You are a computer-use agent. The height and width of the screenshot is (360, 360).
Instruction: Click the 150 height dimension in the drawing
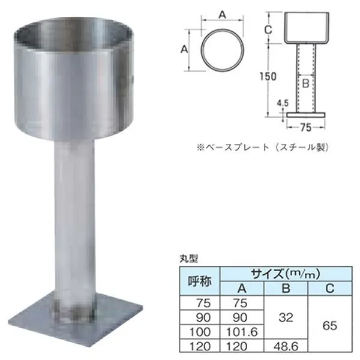pos(268,76)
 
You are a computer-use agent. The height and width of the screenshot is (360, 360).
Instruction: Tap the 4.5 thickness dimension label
pos(283,103)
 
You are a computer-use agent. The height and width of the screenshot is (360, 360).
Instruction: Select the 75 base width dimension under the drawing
pos(305,127)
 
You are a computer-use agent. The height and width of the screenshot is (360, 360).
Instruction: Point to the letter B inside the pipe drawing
pos(305,84)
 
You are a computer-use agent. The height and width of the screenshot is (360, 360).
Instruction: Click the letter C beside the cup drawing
pos(268,29)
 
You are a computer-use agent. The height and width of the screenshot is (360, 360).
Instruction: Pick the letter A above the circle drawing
pos(222,15)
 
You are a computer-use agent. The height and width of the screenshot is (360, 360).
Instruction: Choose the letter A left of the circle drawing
pos(184,49)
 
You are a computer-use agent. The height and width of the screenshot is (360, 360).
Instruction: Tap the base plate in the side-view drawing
pos(306,115)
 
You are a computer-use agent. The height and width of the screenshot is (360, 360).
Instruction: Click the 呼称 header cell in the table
pos(200,281)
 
